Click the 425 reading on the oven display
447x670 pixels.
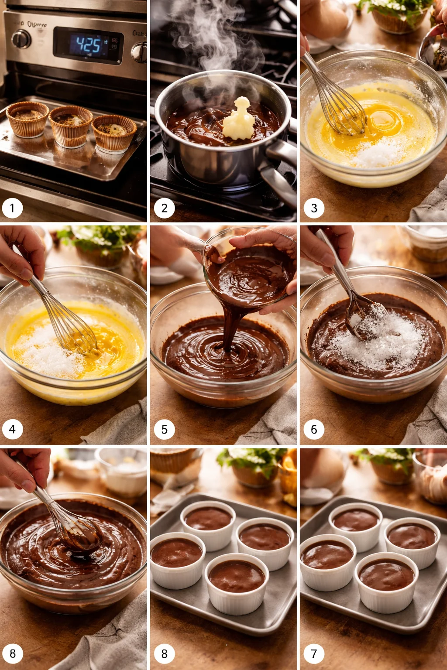click(89, 44)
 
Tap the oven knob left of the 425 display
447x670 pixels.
click(21, 39)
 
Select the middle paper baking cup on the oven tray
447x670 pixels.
click(71, 126)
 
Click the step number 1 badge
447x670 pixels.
click(12, 208)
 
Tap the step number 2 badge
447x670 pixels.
click(164, 208)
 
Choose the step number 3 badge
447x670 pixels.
click(314, 208)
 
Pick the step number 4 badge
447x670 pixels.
click(12, 429)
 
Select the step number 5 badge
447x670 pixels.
click(164, 429)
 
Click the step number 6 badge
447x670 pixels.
click(314, 429)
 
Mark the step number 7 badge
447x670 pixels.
click(314, 653)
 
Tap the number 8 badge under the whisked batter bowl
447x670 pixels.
click(12, 653)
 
